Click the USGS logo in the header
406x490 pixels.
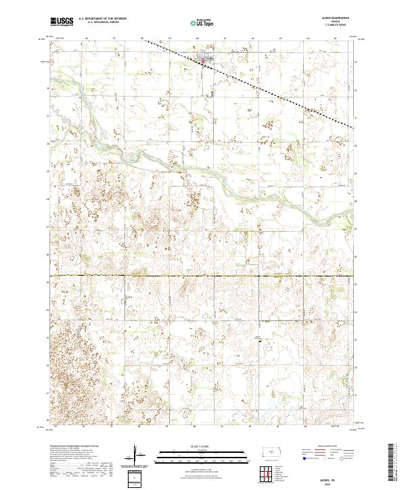click(62, 22)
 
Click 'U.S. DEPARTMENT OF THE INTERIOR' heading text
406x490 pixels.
click(102, 19)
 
